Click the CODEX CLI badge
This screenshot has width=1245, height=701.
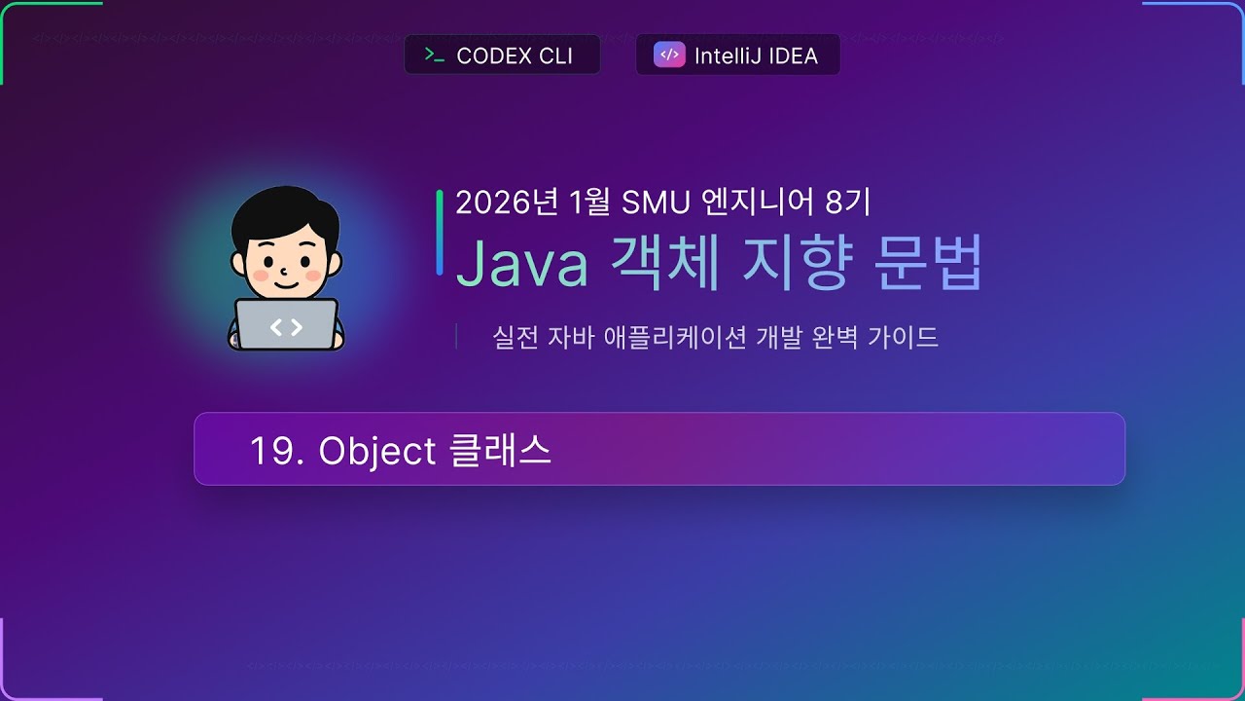[x=502, y=55]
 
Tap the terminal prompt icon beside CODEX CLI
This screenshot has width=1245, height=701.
[x=435, y=55]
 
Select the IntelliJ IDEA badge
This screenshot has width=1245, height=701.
[x=737, y=55]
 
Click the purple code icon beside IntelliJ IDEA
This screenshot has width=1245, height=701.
[x=669, y=55]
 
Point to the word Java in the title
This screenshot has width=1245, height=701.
[x=522, y=263]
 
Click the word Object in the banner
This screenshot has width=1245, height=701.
[x=377, y=451]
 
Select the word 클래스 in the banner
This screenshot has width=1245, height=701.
[x=502, y=451]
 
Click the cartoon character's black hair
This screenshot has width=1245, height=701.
[x=284, y=209]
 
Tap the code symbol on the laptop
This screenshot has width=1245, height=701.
[x=286, y=327]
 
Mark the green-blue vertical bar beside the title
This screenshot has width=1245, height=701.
[x=440, y=232]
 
